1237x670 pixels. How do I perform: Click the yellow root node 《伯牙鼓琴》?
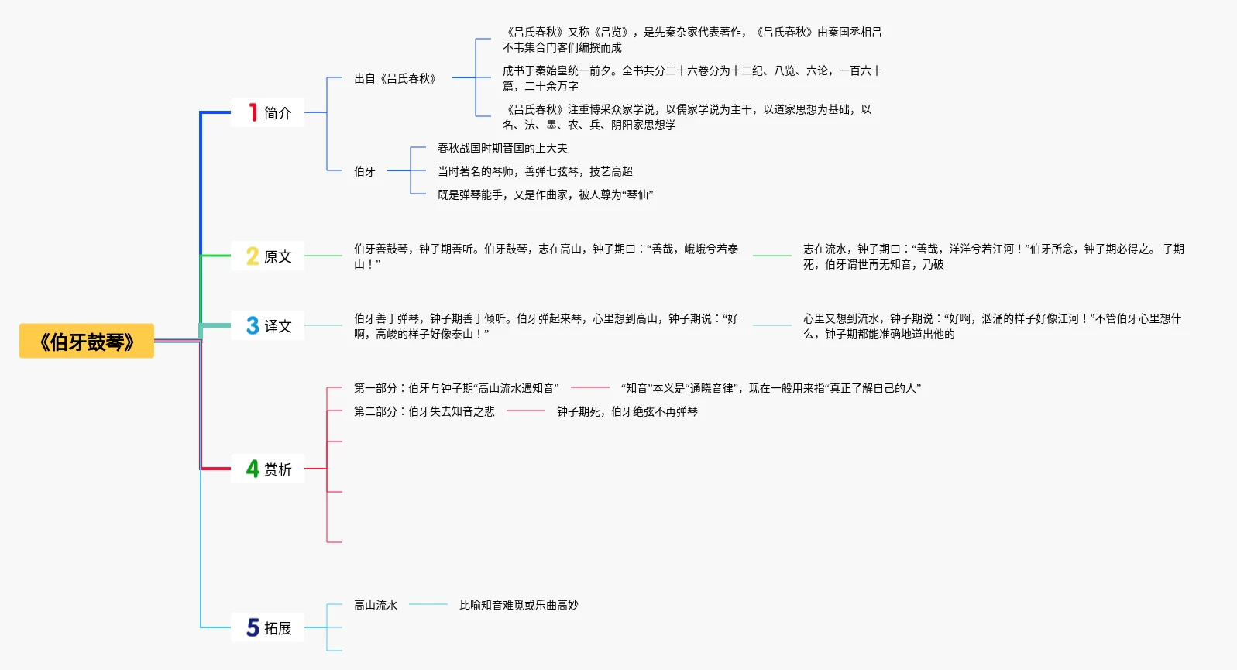click(x=87, y=342)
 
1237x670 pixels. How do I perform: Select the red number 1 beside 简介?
click(x=253, y=112)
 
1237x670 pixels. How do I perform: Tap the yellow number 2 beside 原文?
click(x=253, y=256)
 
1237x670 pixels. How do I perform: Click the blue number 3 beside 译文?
click(x=253, y=325)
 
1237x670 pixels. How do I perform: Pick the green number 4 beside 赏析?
click(x=253, y=469)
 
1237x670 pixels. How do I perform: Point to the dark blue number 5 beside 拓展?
click(x=253, y=627)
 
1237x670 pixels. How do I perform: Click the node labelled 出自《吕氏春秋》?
click(x=395, y=78)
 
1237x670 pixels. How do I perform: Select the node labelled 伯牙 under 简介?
click(x=365, y=171)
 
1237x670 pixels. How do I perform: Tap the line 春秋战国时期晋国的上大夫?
click(x=502, y=148)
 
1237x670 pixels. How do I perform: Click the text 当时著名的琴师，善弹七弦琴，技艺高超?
click(x=534, y=171)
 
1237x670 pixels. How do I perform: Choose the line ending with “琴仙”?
click(x=545, y=194)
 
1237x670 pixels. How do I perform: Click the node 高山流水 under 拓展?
click(x=376, y=605)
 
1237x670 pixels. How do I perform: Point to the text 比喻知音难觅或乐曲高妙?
click(x=518, y=605)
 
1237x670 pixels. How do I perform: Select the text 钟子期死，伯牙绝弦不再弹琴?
click(x=627, y=411)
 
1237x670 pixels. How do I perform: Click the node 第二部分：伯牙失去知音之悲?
click(x=424, y=411)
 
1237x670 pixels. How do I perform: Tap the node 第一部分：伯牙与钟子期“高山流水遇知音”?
click(x=455, y=388)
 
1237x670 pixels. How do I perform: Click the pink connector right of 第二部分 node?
click(x=526, y=411)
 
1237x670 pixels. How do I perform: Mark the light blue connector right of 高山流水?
click(x=428, y=604)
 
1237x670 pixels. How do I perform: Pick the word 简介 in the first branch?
click(x=278, y=113)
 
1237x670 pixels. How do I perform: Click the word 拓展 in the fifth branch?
click(x=278, y=628)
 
